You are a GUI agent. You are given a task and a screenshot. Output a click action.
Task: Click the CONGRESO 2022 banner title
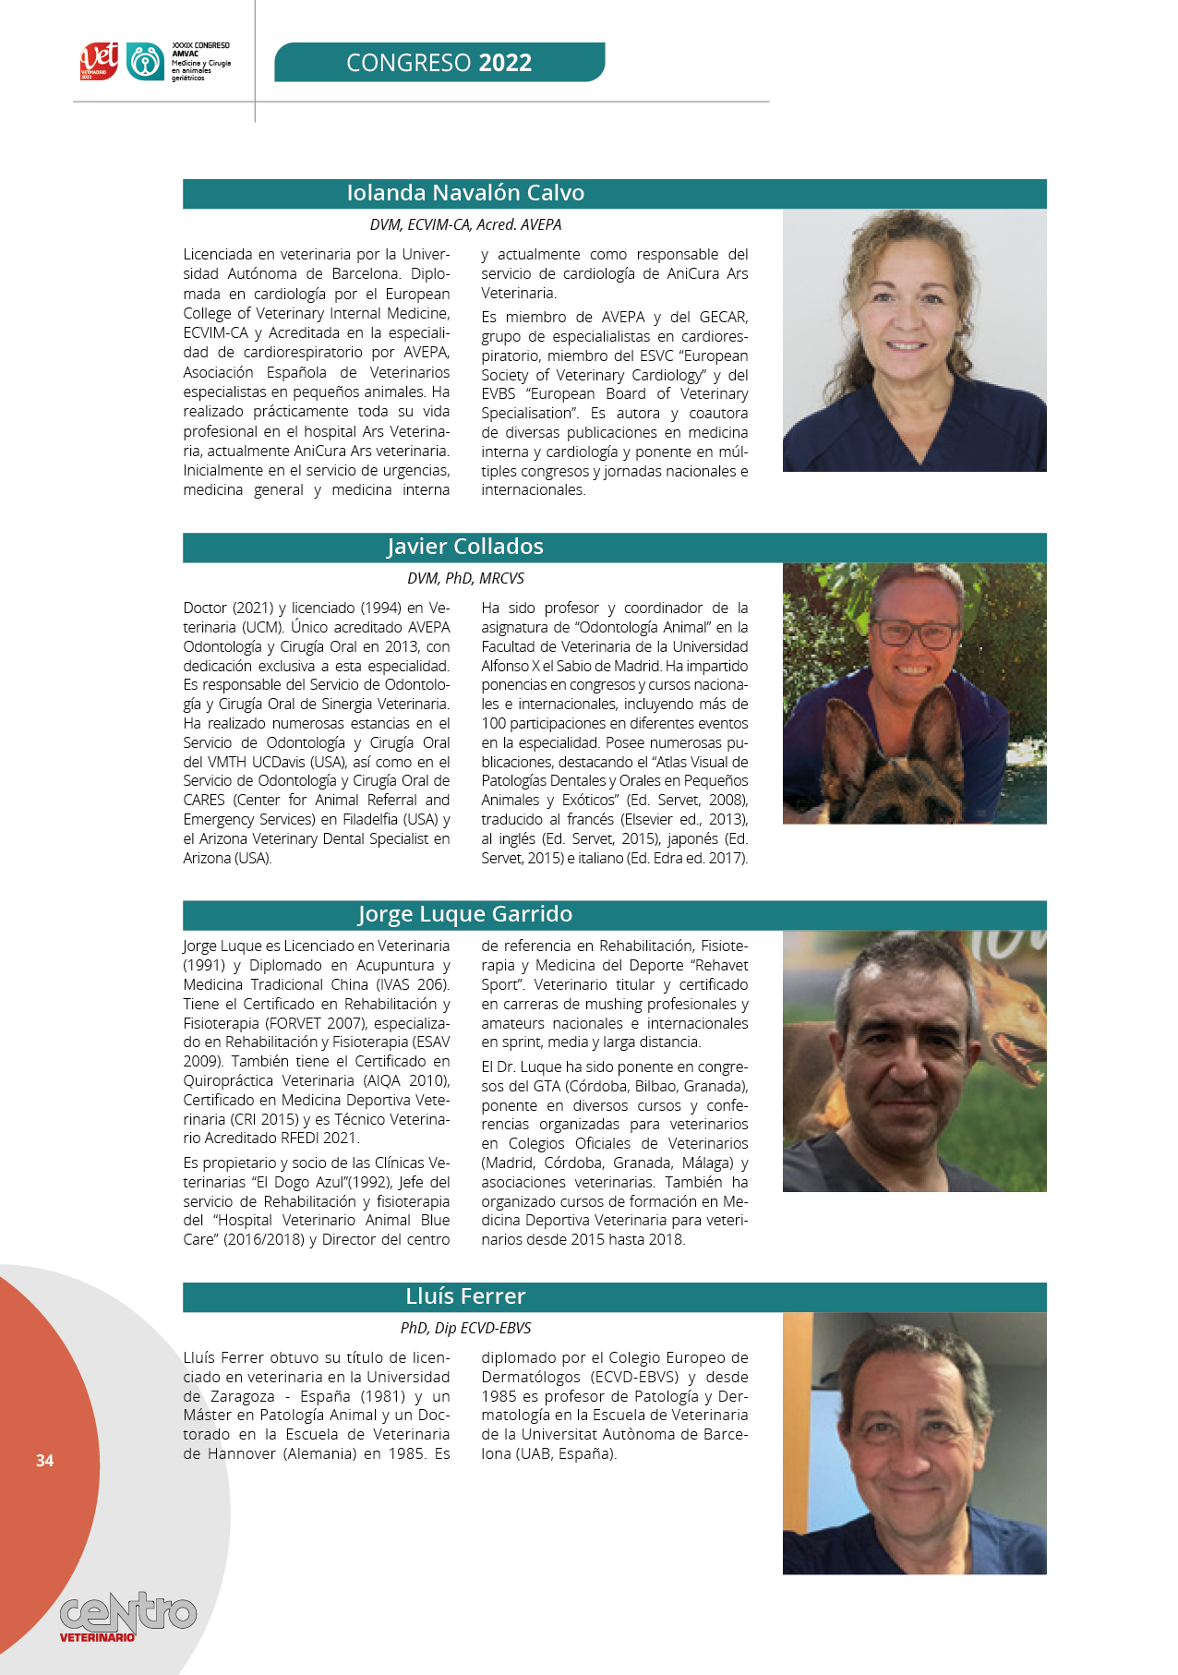(x=439, y=63)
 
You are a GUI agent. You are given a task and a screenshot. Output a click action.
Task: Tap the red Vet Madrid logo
(x=99, y=61)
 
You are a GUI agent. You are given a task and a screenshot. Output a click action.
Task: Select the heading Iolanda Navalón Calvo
(x=465, y=193)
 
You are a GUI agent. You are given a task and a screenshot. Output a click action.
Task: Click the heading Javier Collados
(x=465, y=547)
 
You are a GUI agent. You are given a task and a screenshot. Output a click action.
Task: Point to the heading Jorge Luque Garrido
(x=465, y=914)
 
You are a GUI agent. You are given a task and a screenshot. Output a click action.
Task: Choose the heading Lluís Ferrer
(x=465, y=1296)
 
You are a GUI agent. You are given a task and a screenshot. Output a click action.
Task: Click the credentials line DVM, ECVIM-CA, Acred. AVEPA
(x=465, y=224)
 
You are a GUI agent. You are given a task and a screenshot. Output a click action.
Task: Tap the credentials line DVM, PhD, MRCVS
(x=465, y=578)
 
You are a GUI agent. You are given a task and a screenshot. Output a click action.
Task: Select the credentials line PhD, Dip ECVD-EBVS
(x=465, y=1328)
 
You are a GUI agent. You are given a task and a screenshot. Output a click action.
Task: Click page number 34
(x=44, y=1460)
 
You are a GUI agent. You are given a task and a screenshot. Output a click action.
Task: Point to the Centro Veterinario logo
(x=127, y=1616)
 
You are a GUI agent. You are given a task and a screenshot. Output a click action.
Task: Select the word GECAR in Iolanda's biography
(x=723, y=317)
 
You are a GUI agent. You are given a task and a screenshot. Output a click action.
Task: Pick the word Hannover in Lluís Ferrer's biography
(x=242, y=1453)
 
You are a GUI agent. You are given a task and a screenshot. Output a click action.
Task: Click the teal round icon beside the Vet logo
(x=145, y=61)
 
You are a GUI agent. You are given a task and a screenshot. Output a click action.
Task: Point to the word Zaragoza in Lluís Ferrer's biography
(x=243, y=1396)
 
